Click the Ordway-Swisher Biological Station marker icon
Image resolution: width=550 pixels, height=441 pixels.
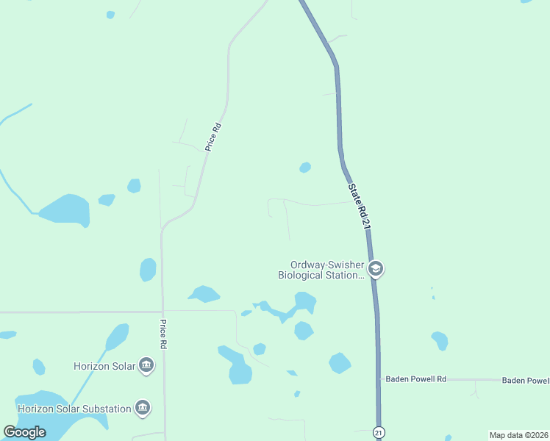(x=376, y=269)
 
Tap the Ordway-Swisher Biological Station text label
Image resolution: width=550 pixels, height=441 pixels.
(x=321, y=270)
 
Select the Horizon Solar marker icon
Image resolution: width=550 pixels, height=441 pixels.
(x=146, y=365)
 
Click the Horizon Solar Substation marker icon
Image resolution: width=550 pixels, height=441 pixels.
(x=143, y=408)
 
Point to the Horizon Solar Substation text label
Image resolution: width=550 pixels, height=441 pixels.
(x=74, y=408)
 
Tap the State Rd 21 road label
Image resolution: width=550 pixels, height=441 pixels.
(x=358, y=207)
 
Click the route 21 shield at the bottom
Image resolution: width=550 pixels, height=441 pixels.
(x=378, y=433)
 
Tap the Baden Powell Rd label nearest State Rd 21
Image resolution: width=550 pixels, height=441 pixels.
(x=416, y=379)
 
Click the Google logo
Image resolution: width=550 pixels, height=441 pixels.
(x=25, y=432)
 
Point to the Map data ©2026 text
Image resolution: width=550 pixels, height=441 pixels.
(x=518, y=435)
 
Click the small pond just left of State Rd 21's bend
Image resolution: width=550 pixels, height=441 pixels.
(x=305, y=168)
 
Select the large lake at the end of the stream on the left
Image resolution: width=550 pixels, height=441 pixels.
(x=66, y=210)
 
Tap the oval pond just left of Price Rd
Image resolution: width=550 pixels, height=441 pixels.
(x=148, y=270)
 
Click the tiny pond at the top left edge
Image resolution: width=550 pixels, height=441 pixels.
(x=110, y=15)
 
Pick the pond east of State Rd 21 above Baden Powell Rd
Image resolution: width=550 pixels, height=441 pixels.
(x=440, y=340)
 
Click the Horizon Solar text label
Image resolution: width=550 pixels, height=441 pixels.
(x=104, y=366)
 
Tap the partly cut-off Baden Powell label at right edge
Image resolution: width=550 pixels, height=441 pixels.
(x=525, y=380)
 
